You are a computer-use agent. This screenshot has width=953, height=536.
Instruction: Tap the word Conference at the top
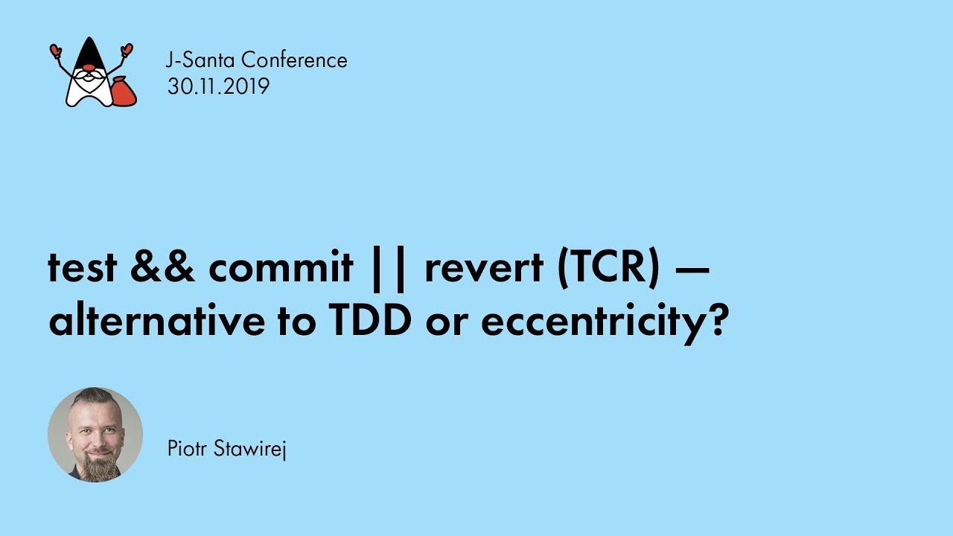point(294,60)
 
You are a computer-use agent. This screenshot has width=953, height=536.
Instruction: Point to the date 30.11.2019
point(218,86)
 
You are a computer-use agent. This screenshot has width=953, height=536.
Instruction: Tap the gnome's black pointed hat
point(89,54)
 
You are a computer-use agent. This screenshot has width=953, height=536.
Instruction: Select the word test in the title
point(83,268)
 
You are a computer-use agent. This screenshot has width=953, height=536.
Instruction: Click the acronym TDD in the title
point(367,322)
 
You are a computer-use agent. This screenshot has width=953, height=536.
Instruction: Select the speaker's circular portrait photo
point(95,435)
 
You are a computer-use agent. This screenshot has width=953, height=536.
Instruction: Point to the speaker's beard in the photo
point(96,468)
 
